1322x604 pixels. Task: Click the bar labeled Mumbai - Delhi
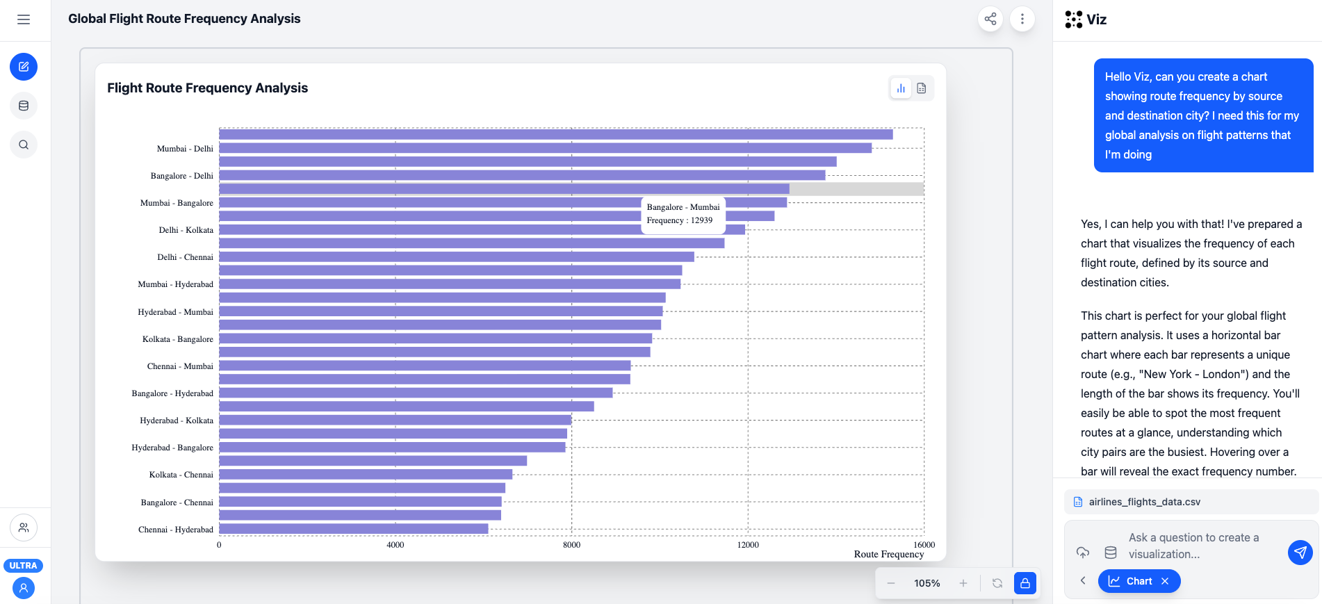(545, 148)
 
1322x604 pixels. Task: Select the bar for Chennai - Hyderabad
(353, 529)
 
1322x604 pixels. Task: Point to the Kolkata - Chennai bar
(365, 475)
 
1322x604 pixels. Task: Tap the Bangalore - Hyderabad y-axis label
(172, 393)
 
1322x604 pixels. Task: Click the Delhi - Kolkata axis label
(186, 230)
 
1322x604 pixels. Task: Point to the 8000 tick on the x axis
(571, 545)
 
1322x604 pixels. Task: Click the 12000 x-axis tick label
(748, 545)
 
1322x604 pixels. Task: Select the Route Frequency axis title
(888, 554)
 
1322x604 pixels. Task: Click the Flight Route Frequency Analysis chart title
(207, 88)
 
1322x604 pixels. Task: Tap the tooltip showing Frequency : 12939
(683, 214)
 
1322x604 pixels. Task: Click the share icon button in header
(990, 19)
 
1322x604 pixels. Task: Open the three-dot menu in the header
(1022, 19)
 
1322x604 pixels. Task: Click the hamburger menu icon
(24, 19)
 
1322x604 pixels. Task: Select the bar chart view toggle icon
(901, 88)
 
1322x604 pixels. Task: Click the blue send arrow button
(1300, 553)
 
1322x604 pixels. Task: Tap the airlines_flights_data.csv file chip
(1144, 502)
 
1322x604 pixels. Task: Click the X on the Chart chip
(1165, 581)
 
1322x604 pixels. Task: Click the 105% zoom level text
(927, 583)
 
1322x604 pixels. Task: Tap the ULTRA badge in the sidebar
(24, 566)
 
